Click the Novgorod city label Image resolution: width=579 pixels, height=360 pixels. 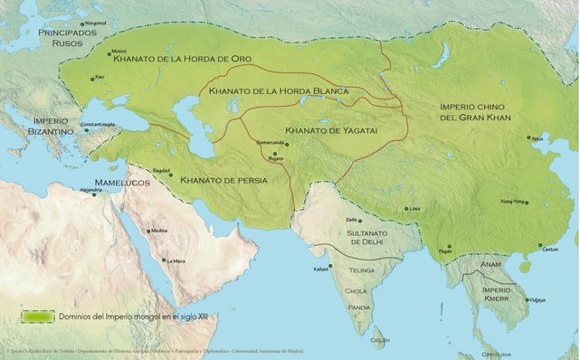95,23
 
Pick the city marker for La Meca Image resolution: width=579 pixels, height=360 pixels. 163,262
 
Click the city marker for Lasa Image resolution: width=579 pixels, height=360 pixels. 405,209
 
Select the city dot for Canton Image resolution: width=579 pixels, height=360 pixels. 541,245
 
